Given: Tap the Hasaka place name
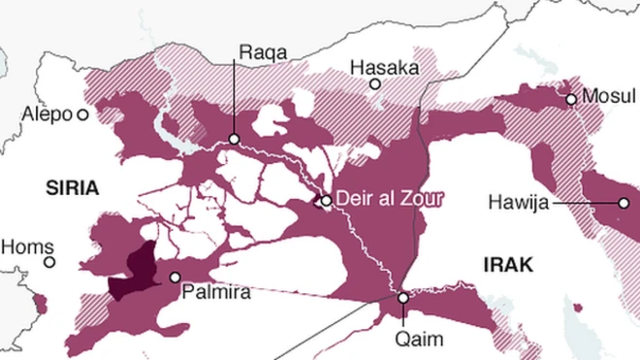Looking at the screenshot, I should pyautogui.click(x=384, y=68).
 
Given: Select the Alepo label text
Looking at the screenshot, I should pyautogui.click(x=48, y=115).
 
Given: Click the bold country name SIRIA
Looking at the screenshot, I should pyautogui.click(x=72, y=189).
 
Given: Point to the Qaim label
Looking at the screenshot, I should pyautogui.click(x=420, y=339).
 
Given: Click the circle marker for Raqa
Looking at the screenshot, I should pyautogui.click(x=234, y=140).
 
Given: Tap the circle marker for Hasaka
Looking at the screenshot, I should pyautogui.click(x=374, y=85).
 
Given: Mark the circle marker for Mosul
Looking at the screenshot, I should pyautogui.click(x=571, y=99).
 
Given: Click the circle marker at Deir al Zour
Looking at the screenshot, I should pyautogui.click(x=327, y=201).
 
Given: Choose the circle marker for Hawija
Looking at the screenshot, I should pyautogui.click(x=623, y=203).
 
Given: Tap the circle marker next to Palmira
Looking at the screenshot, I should pyautogui.click(x=176, y=278).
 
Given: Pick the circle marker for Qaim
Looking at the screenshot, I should pyautogui.click(x=403, y=299).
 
